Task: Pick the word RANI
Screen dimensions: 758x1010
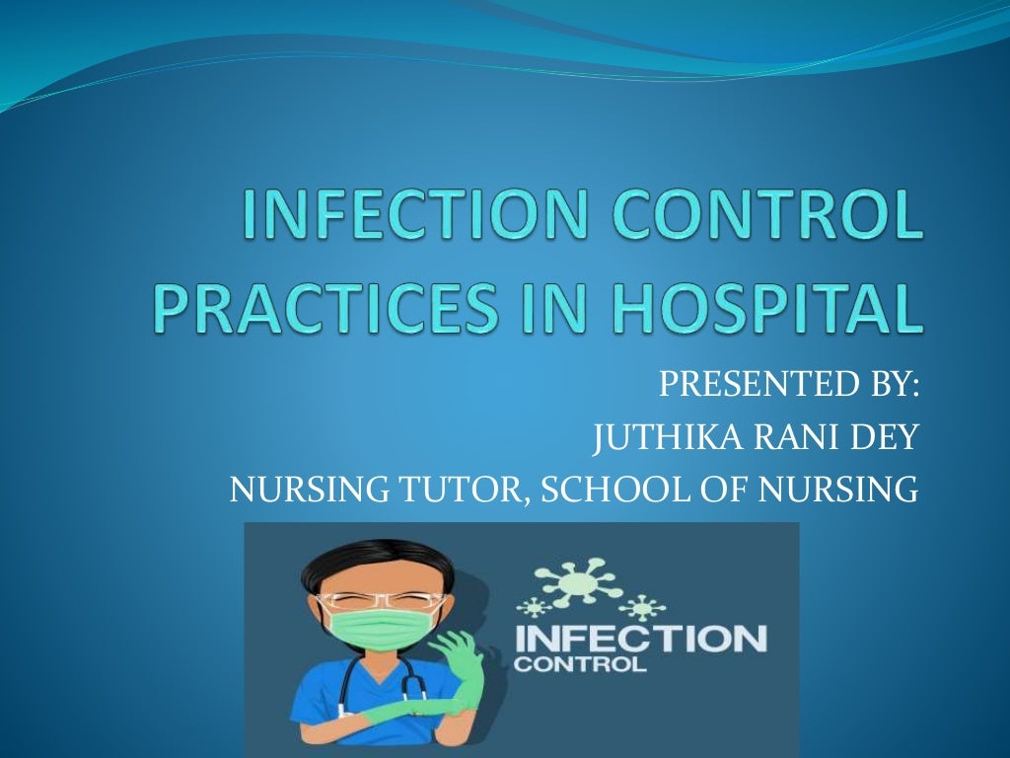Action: (x=791, y=436)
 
